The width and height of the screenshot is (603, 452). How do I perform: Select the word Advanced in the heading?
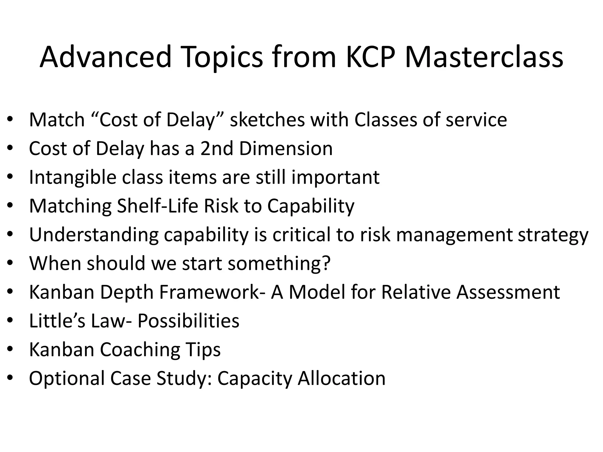click(x=105, y=56)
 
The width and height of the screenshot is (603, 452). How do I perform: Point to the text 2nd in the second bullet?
click(x=217, y=148)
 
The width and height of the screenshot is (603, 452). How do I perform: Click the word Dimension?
click(x=286, y=148)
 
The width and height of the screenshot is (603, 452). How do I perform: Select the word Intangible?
click(x=72, y=177)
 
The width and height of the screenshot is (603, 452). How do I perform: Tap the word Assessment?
click(x=508, y=292)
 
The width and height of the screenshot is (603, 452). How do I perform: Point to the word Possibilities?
click(x=188, y=320)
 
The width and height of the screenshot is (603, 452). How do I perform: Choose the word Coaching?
click(x=140, y=350)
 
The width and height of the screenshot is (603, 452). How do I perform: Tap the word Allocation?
click(x=342, y=378)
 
